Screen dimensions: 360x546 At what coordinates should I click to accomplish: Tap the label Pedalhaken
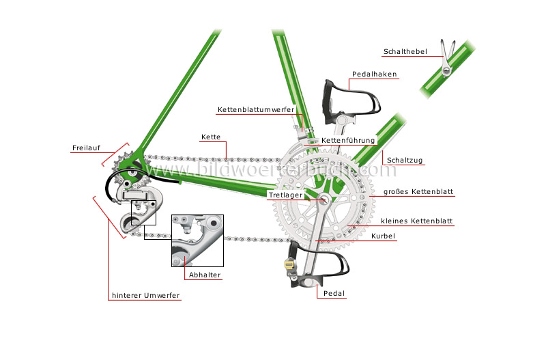coord(374,74)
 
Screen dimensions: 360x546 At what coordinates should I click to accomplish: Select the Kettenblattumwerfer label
coord(256,109)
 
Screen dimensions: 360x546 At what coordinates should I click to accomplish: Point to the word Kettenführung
coord(348,141)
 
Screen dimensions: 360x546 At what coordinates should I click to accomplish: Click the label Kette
coord(210,137)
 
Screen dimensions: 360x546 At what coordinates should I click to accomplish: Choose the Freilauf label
coord(85,148)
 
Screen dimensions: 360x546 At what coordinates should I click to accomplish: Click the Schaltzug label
coord(405,161)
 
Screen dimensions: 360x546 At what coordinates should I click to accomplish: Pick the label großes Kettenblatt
coord(418,193)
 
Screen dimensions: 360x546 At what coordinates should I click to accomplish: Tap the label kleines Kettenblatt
coord(418,221)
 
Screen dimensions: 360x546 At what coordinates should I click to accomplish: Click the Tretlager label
coord(285,195)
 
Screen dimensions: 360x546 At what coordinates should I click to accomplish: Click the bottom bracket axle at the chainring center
coord(324,199)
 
